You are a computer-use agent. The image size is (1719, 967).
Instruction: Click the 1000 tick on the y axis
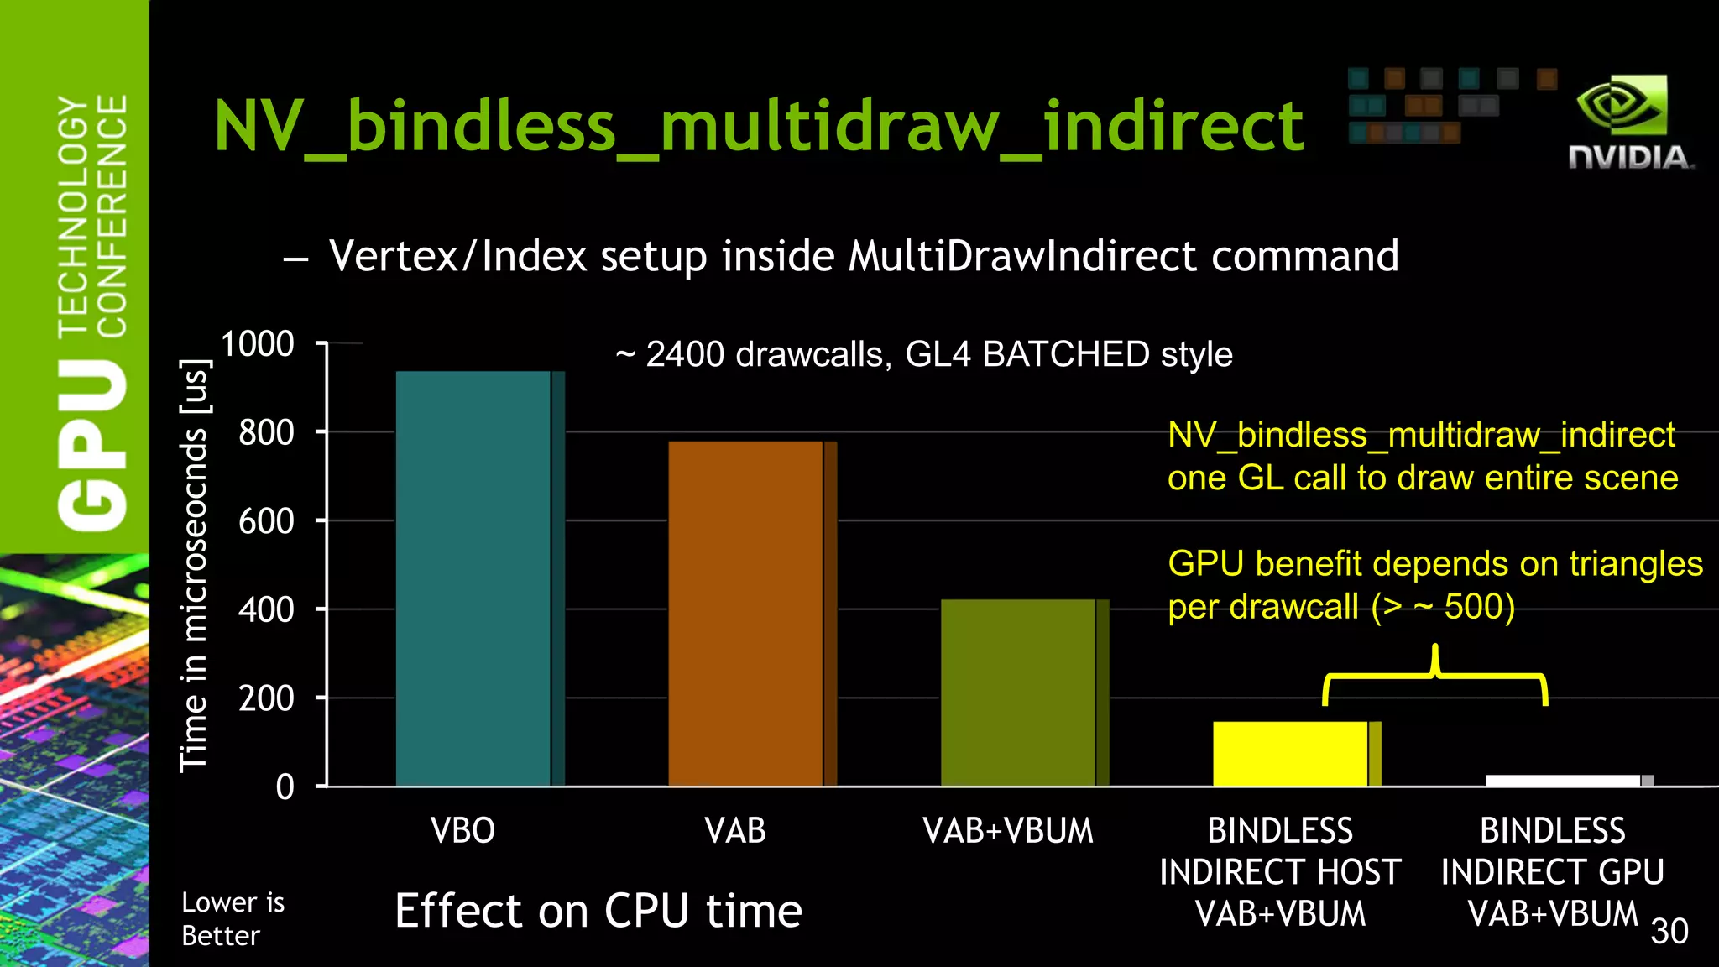[x=258, y=344]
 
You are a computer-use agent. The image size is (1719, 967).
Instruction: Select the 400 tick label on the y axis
[x=266, y=609]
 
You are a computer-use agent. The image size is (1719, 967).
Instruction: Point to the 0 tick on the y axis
[x=285, y=787]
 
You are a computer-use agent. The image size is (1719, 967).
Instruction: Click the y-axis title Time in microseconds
[x=195, y=564]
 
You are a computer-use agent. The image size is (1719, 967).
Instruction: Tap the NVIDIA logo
[x=1629, y=122]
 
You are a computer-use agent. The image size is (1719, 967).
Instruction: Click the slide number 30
[x=1669, y=931]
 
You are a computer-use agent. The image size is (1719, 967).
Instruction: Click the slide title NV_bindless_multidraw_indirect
[x=758, y=126]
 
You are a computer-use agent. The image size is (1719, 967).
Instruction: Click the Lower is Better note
[x=233, y=918]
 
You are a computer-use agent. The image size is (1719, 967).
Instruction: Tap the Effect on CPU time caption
[x=598, y=911]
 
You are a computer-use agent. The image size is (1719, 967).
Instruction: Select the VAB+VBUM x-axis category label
[x=1008, y=830]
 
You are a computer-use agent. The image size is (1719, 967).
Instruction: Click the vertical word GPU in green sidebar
[x=92, y=445]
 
